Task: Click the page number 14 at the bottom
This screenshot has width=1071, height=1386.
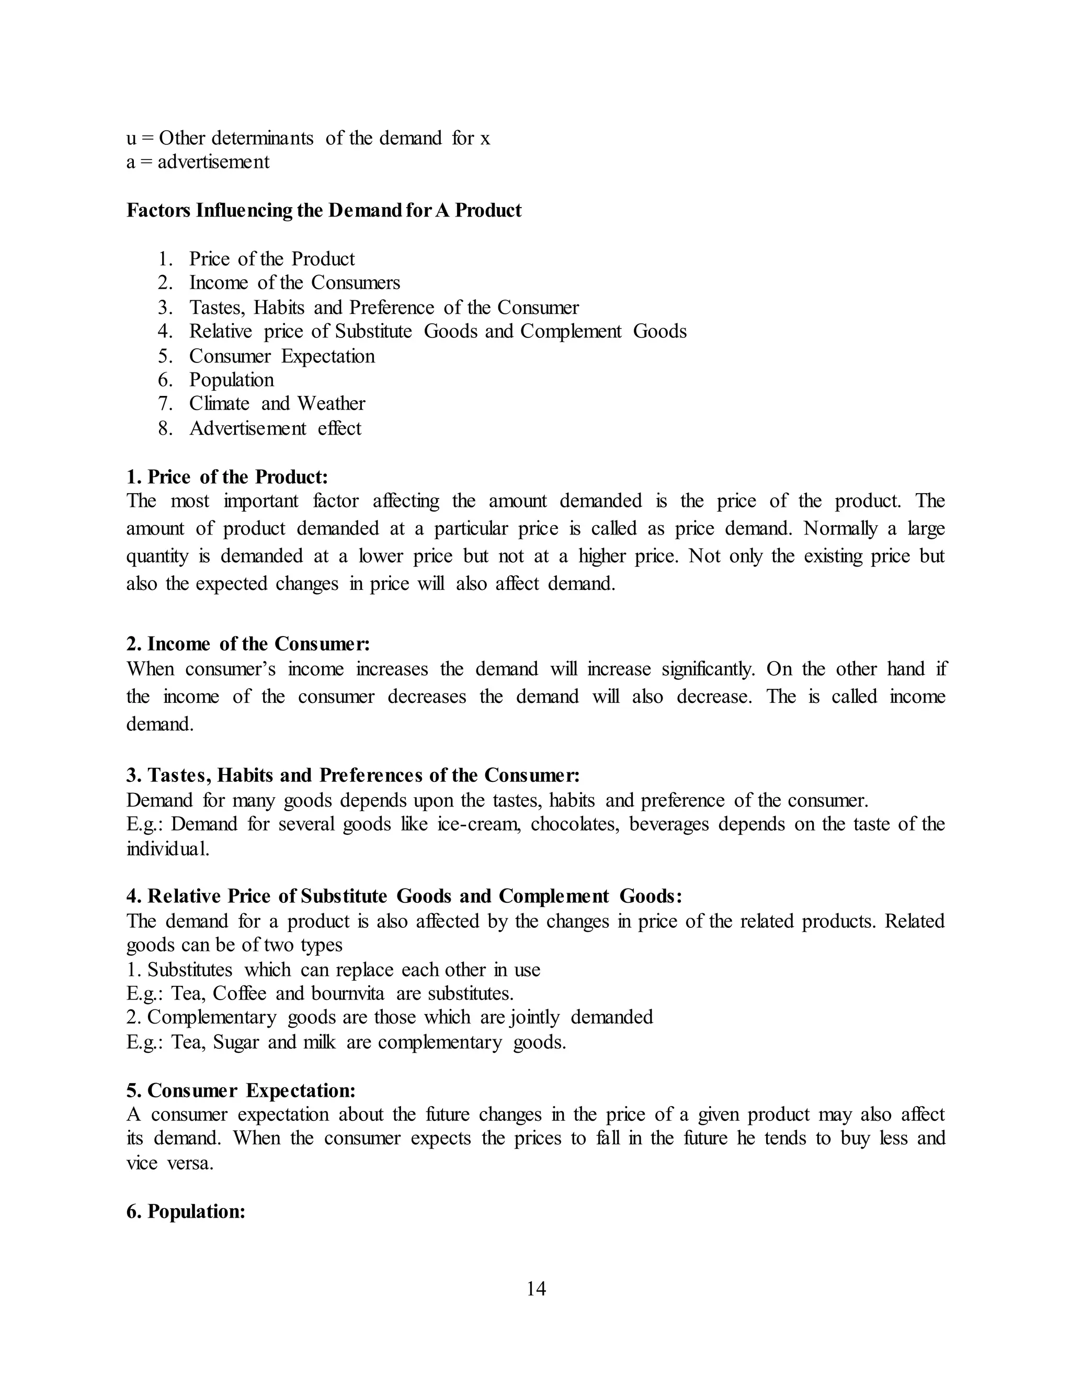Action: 535,1288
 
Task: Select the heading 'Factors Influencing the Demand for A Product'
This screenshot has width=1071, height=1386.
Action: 324,210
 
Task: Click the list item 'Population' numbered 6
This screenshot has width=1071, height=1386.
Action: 231,380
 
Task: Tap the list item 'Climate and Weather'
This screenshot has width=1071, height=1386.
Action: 277,404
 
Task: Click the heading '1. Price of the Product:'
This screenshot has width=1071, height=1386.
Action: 227,476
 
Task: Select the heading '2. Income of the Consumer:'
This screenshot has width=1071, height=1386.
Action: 248,644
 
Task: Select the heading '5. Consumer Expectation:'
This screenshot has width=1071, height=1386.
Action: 241,1091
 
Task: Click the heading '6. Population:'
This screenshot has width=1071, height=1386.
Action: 186,1211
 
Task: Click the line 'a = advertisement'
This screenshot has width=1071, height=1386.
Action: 198,162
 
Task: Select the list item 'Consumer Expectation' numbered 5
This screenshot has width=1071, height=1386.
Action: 282,356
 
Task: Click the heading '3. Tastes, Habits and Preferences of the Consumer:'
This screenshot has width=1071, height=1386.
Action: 353,776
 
